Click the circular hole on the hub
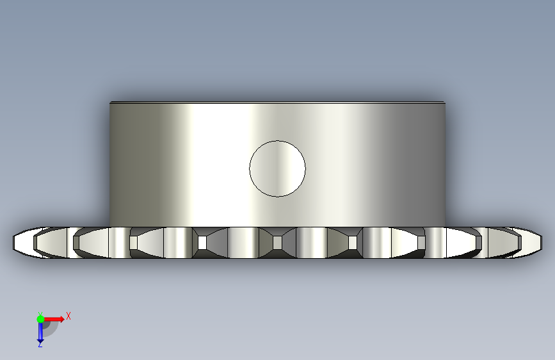[x=278, y=168]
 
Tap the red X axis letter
[x=68, y=316]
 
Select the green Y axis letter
[x=40, y=314]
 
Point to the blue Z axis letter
[x=40, y=345]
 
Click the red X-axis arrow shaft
[x=52, y=319]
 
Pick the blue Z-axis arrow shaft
[x=40, y=331]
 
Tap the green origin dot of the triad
[x=40, y=319]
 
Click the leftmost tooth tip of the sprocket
[x=13, y=242]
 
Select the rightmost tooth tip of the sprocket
[x=541, y=242]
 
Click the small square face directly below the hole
[x=278, y=243]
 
